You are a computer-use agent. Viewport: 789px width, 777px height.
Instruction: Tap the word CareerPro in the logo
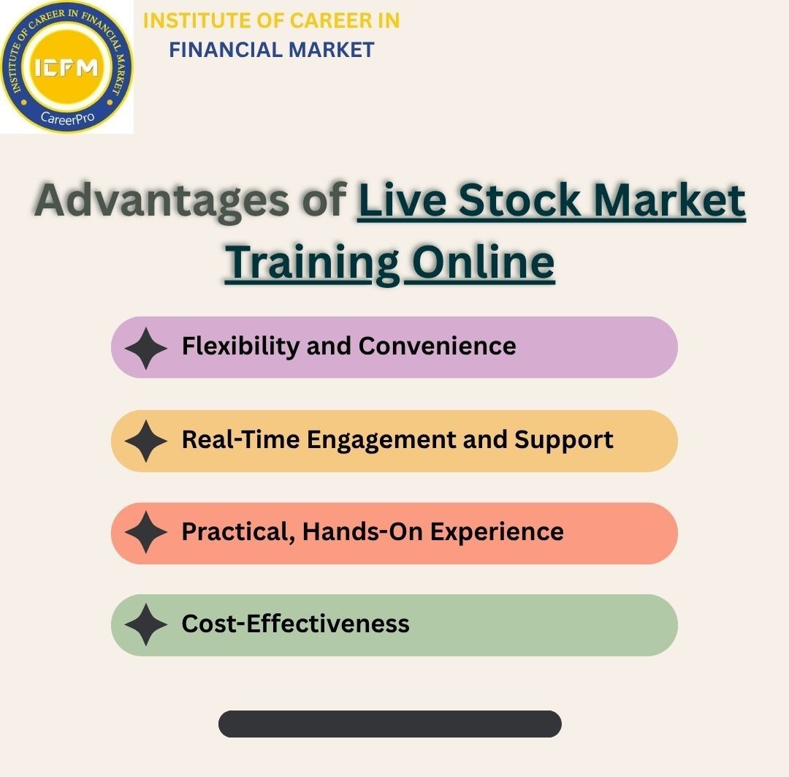tap(67, 118)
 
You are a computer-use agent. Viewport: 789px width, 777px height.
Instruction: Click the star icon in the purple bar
tap(146, 348)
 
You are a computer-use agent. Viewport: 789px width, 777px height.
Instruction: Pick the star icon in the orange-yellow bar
tap(146, 441)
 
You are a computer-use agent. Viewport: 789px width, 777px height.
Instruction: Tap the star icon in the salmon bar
tap(146, 533)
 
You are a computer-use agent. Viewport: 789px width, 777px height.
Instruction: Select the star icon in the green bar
tap(146, 625)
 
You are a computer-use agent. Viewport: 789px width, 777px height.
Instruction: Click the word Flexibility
tap(241, 346)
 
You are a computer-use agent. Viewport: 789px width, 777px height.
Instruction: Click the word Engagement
tap(381, 440)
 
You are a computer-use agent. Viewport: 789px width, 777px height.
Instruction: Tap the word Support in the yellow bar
tap(564, 439)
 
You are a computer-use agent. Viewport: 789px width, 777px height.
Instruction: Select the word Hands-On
tap(363, 531)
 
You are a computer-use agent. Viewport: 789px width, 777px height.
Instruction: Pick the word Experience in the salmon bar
tap(497, 532)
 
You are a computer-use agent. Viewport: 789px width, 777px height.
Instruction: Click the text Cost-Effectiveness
tap(295, 624)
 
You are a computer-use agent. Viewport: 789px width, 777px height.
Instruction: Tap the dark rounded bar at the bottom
tap(389, 724)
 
